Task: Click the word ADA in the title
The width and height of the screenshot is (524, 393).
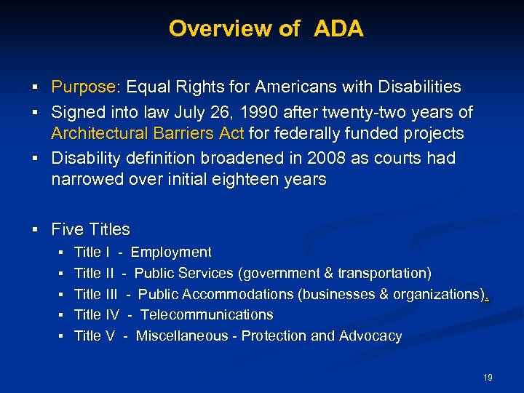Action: coord(339,29)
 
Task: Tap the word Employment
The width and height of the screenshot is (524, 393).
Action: coord(171,253)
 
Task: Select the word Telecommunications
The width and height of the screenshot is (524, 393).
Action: coord(207,315)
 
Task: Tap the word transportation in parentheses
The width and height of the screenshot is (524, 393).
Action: coord(383,274)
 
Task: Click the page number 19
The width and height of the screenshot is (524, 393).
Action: coord(488,378)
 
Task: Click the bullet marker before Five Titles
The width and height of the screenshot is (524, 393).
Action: coord(35,230)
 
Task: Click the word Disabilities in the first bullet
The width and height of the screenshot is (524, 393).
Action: coord(416,87)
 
